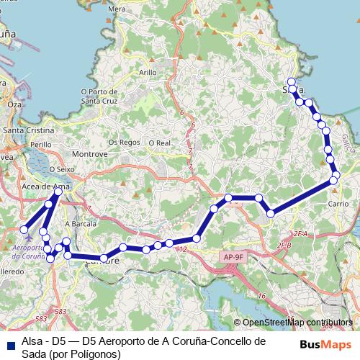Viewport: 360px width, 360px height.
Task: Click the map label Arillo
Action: tap(148, 73)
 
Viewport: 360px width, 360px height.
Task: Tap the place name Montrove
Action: tap(91, 154)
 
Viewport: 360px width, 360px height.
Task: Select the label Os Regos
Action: tap(124, 142)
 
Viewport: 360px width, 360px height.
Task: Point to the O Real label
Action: tap(158, 143)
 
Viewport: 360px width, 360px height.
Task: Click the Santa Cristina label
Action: tap(29, 130)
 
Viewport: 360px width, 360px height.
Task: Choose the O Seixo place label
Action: tap(62, 169)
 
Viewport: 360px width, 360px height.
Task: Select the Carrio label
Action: tap(338, 204)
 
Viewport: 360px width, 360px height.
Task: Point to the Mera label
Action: tap(115, 9)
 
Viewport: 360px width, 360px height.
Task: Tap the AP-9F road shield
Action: tap(233, 256)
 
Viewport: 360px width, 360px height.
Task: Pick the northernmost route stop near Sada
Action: tap(291, 81)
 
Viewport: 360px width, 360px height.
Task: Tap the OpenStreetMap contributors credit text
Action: tap(296, 323)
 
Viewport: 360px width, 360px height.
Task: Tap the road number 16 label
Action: tap(262, 296)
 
